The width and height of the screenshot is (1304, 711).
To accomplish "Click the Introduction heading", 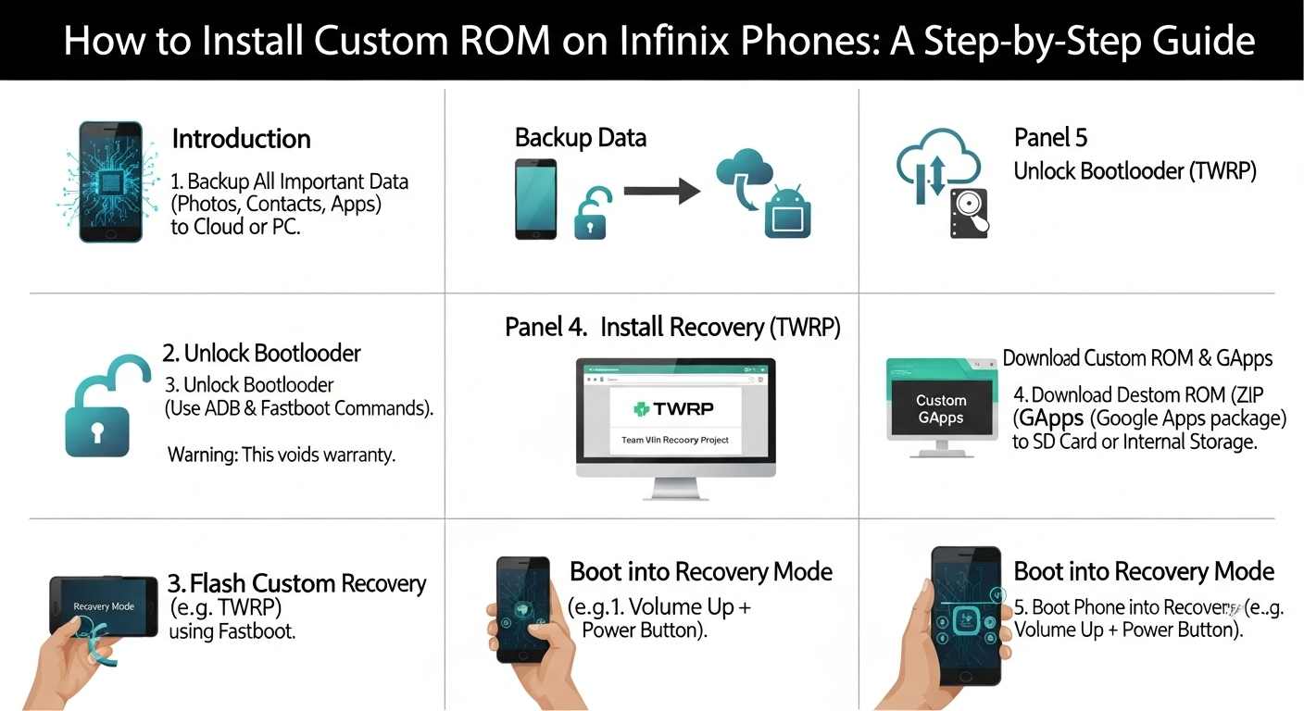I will (x=241, y=139).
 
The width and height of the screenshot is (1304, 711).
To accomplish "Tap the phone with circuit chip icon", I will (x=111, y=181).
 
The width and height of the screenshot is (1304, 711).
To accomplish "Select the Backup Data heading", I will (x=580, y=138).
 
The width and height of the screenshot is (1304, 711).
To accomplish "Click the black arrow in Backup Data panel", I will (x=661, y=191).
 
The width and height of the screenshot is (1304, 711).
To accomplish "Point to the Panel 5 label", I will (x=1050, y=138).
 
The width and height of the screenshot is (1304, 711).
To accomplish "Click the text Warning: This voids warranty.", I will (x=282, y=455).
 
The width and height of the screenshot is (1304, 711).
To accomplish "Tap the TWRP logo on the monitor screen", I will (x=675, y=407).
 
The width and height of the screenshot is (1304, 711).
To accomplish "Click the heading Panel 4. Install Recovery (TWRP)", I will (x=672, y=327).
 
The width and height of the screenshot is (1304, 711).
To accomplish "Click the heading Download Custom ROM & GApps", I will (x=1137, y=358).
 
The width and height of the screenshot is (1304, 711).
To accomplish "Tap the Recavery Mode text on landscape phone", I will (x=104, y=606).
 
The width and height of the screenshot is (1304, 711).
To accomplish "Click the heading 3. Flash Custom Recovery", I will (x=296, y=583).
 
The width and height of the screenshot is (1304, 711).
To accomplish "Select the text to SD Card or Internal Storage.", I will (x=1135, y=442).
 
